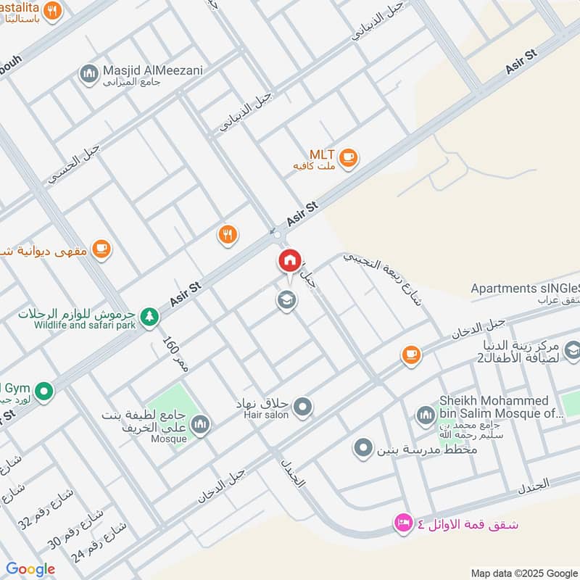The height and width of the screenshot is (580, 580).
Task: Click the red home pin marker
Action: click(x=289, y=260)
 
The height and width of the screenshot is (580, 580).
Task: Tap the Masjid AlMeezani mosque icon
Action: click(x=89, y=73)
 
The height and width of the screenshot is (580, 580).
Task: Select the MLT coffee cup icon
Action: click(x=349, y=157)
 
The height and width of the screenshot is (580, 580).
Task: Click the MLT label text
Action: click(x=321, y=154)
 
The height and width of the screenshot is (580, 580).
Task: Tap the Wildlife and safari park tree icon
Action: click(x=149, y=316)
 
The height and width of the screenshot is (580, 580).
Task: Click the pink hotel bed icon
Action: click(x=402, y=522)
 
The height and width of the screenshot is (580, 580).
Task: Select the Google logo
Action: click(x=30, y=569)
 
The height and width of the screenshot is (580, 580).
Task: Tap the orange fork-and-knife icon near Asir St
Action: click(x=228, y=234)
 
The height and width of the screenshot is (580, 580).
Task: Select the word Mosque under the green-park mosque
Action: click(x=168, y=439)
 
